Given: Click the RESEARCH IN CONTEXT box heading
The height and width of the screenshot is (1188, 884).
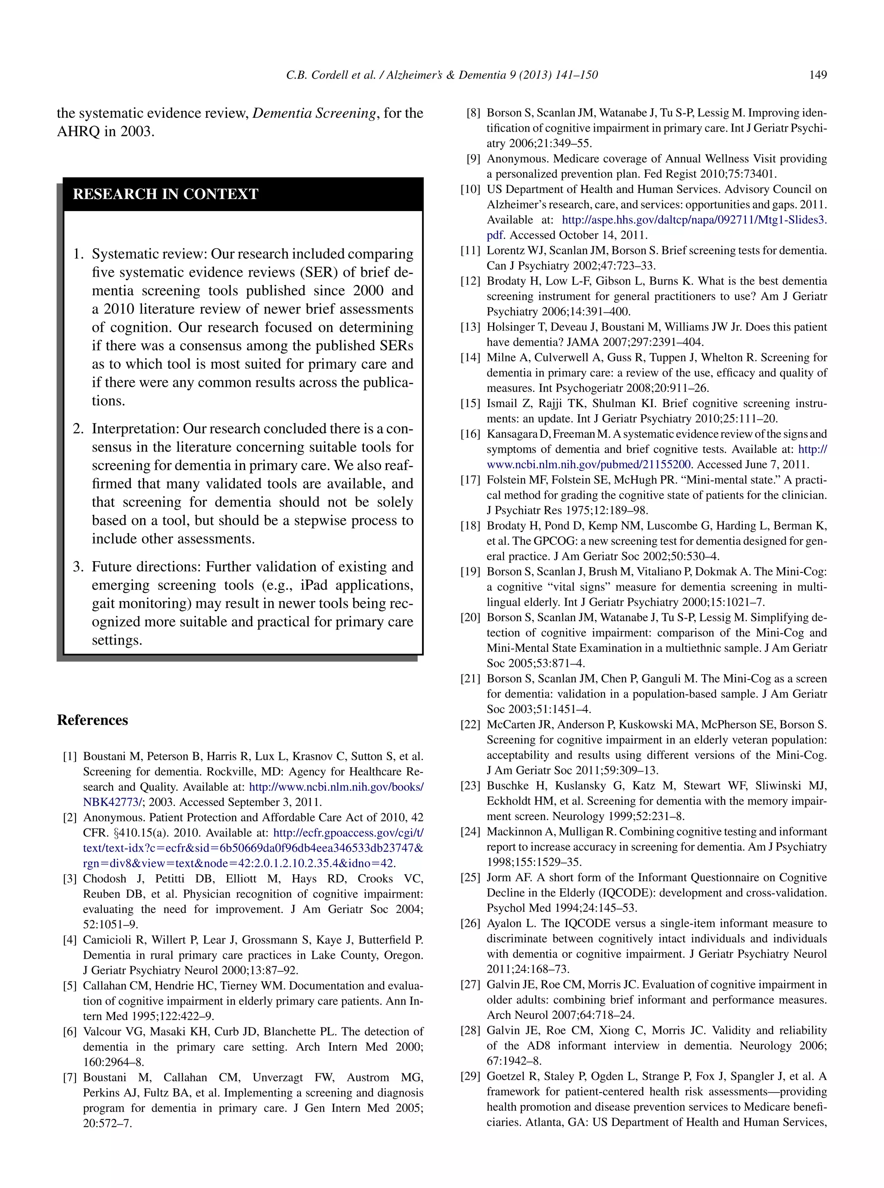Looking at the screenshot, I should point(165,194).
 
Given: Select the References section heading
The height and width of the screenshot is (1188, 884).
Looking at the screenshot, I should point(92,720).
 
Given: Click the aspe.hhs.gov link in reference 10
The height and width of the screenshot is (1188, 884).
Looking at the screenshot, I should point(693,220).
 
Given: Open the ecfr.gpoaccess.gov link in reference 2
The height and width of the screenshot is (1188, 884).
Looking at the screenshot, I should point(348,833).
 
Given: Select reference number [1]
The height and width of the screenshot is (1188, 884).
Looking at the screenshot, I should point(70,757).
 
